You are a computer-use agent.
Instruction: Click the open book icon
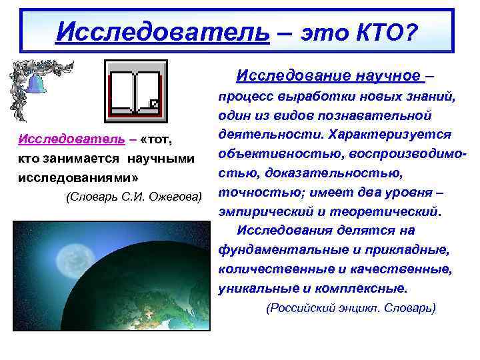coord(136,88)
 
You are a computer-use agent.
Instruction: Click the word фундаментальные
coord(274,251)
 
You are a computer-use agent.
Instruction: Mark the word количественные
coord(267,270)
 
